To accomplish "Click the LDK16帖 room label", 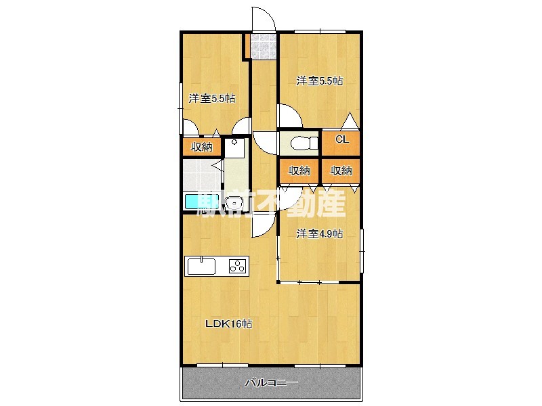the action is [228, 324].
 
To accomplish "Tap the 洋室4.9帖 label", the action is [319, 233].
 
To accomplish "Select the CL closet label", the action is [342, 139].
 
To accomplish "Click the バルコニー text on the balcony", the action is [271, 382].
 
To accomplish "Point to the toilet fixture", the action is [304, 142].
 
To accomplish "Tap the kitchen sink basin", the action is [201, 266].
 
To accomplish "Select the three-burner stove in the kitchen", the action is [238, 267].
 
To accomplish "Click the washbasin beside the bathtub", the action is [234, 202].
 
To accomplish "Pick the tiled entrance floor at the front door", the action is [264, 46].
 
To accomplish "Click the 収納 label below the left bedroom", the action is [201, 147].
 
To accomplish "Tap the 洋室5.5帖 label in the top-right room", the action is [319, 81].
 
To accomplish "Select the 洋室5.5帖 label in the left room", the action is [211, 98].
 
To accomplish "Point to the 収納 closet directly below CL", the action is [341, 171].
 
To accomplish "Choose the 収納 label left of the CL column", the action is [299, 171].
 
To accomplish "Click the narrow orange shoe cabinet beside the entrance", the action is [247, 46].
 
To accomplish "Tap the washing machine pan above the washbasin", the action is [234, 148].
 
